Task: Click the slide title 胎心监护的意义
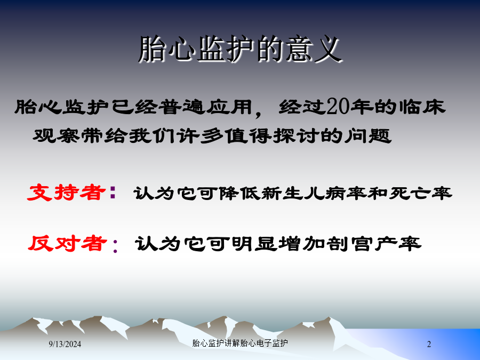tap(240, 49)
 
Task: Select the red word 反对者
tap(67, 243)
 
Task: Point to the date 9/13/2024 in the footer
tap(65, 344)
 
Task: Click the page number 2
tap(429, 344)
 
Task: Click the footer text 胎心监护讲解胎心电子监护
tap(240, 343)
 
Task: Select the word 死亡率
tap(420, 193)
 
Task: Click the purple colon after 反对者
tap(115, 246)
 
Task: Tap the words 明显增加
tap(278, 244)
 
